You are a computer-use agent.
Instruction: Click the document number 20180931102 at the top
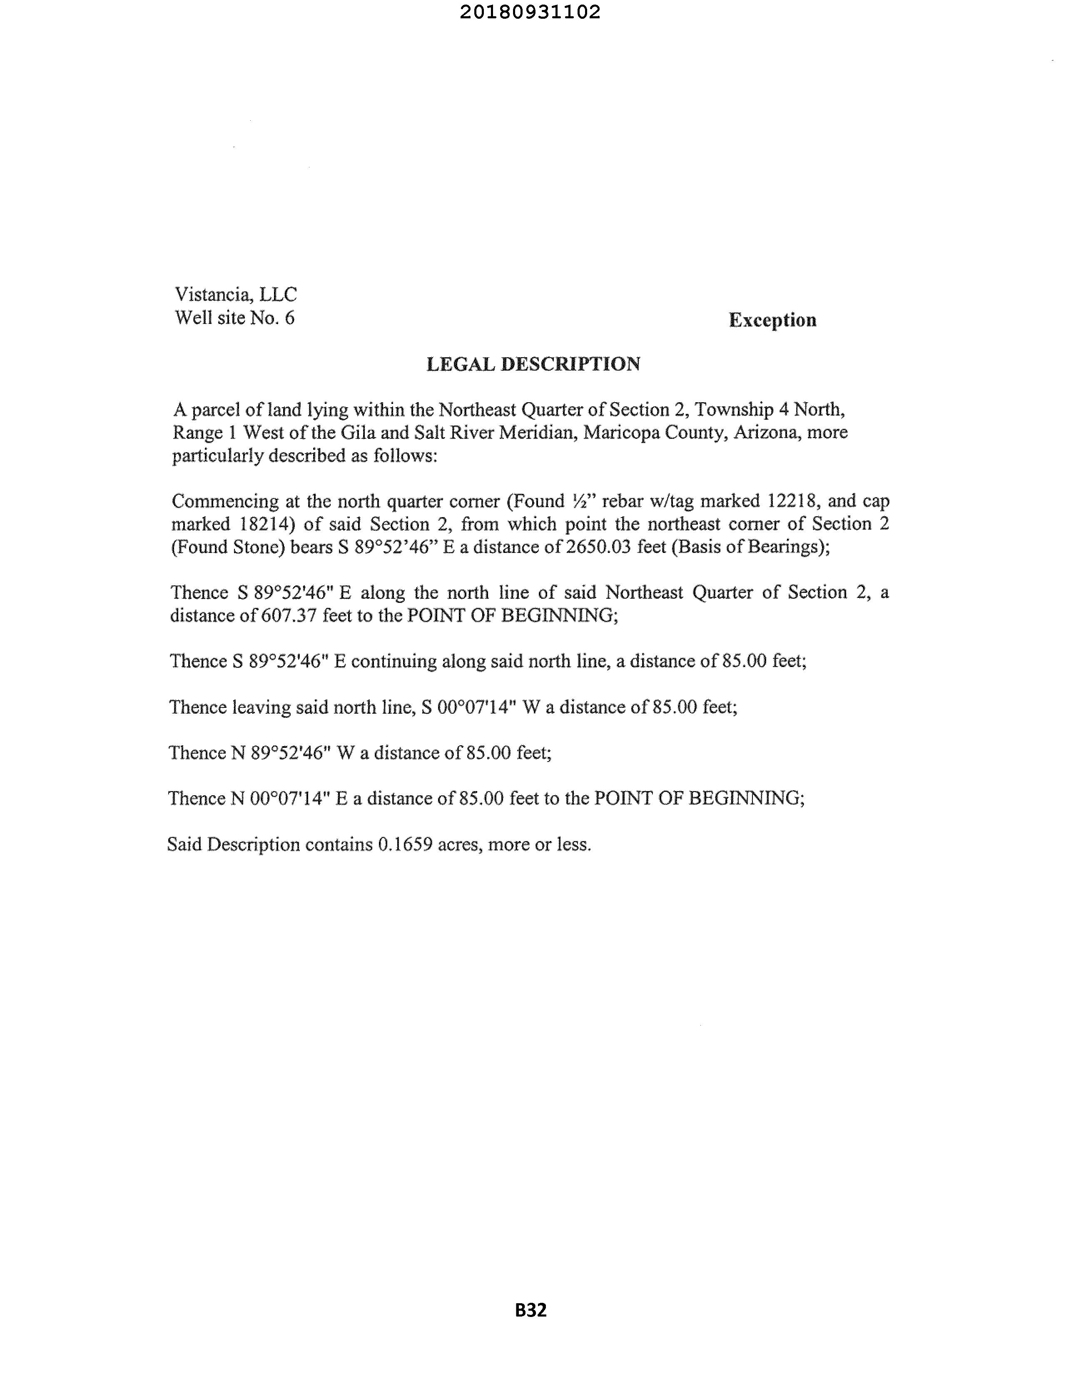[530, 12]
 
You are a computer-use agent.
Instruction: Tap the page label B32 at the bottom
[531, 1310]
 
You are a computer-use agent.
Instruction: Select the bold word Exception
[772, 320]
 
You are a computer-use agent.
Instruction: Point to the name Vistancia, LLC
[236, 294]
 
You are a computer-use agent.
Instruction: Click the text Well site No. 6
[234, 318]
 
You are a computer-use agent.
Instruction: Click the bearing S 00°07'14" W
[481, 707]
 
